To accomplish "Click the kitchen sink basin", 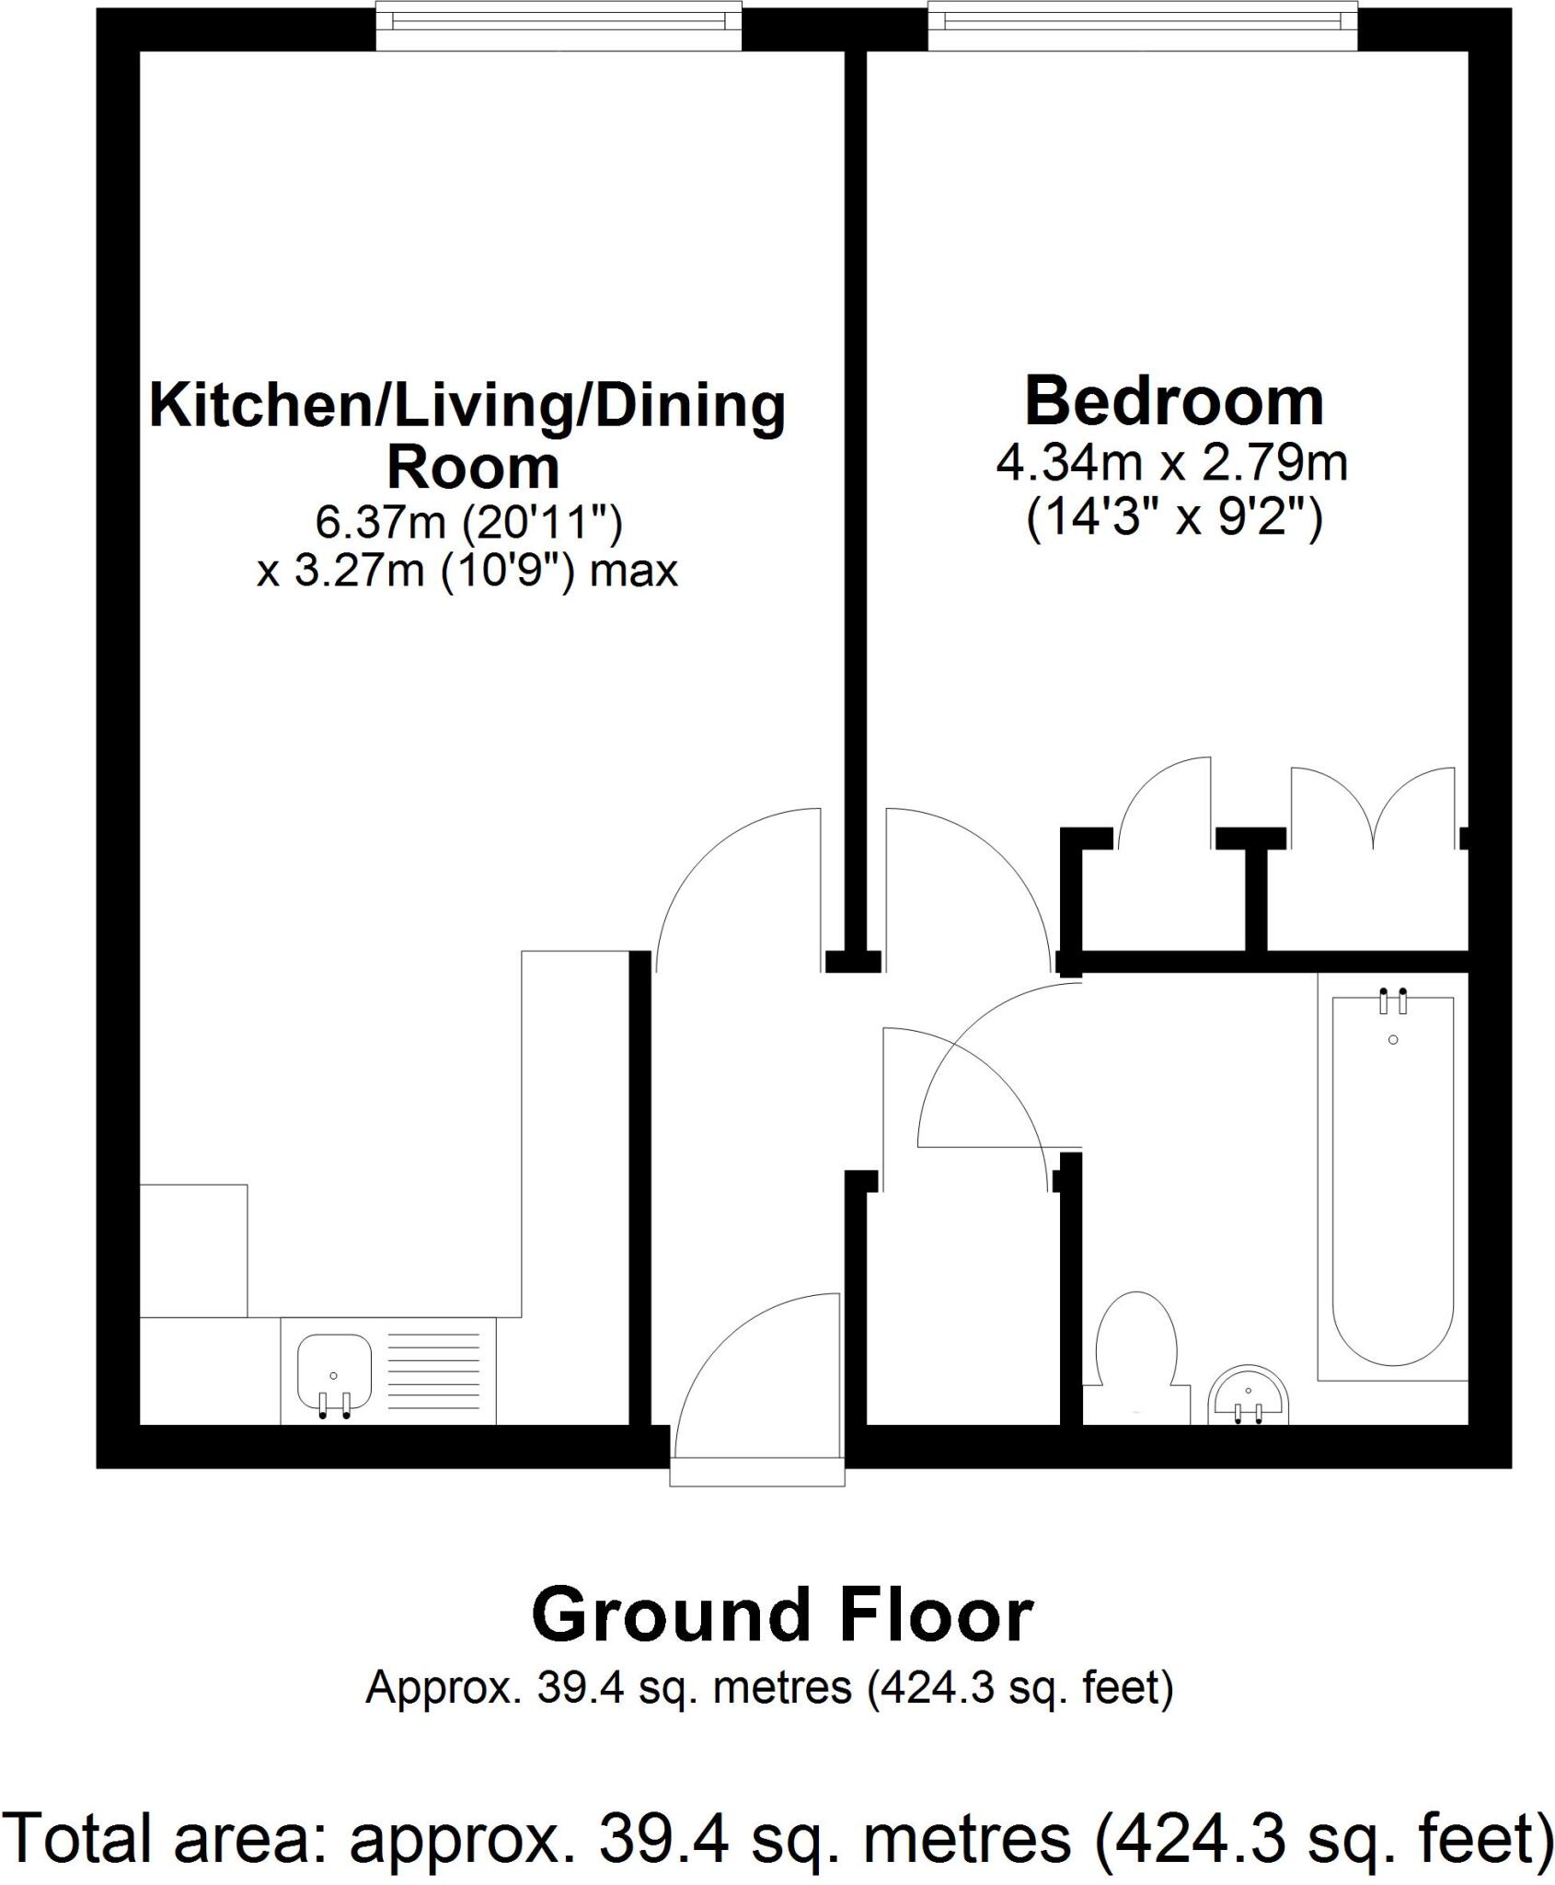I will coord(333,1372).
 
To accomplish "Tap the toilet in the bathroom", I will coord(1137,1345).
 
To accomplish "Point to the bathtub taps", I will coord(1392,1000).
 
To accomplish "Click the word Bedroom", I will coord(1174,401).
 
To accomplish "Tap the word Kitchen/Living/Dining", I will coord(467,406).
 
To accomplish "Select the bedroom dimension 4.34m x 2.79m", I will coord(1172,463).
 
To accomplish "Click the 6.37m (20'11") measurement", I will coord(468,523).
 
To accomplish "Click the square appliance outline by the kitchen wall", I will coord(193,1250).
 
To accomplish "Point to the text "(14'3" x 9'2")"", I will coord(1174,520).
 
